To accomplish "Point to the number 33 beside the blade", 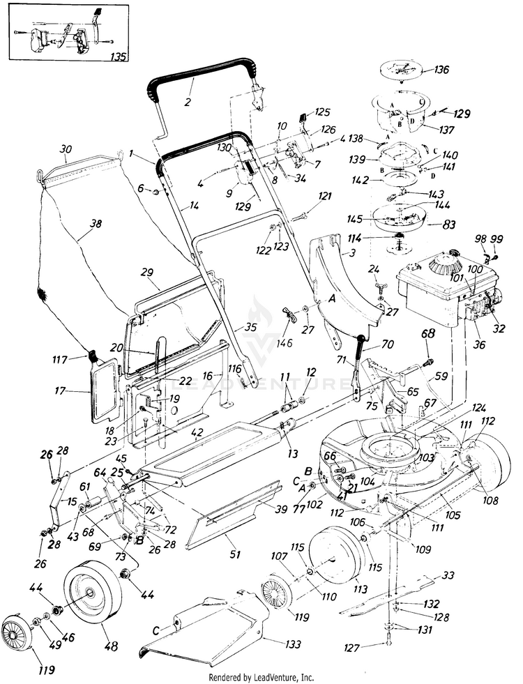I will [448, 575].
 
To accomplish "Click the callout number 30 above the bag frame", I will [66, 149].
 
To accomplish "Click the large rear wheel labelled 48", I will [92, 589].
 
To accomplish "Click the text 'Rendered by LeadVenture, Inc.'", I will [261, 677].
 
